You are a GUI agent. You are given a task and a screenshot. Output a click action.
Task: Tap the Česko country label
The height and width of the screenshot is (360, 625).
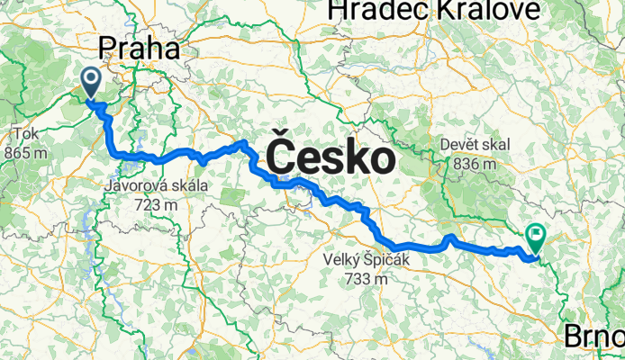coord(331,159)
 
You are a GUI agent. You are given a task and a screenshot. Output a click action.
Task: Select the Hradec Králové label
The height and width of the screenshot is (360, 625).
coord(436,10)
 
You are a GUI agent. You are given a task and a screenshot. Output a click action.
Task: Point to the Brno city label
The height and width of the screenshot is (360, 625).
coord(594,337)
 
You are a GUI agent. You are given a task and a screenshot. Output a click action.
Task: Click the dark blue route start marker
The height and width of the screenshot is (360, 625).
coord(93,82)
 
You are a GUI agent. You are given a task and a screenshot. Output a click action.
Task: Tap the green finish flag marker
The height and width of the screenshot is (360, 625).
coord(537,238)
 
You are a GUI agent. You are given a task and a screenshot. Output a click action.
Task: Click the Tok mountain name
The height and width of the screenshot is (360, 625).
coord(24,135)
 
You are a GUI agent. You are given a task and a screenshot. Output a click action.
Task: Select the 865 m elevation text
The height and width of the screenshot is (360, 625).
coord(25,153)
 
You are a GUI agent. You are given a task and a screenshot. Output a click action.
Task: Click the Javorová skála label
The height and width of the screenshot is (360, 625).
coord(156,187)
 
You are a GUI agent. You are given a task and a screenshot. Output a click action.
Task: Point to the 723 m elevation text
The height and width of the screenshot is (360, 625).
coord(156,205)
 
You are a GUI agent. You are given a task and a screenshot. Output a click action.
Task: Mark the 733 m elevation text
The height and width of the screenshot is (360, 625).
coord(366,279)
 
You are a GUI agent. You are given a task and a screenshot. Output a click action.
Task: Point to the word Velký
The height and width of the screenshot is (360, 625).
coord(342,261)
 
